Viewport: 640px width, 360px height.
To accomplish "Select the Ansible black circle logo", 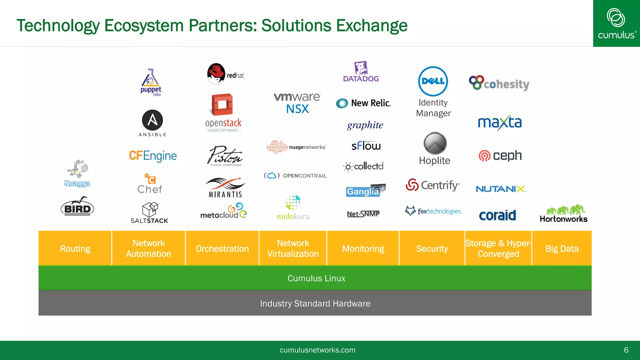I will pyautogui.click(x=152, y=120).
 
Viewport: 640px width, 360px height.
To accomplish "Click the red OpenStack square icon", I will pyautogui.click(x=222, y=105).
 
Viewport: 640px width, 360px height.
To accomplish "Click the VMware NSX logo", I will pyautogui.click(x=297, y=103).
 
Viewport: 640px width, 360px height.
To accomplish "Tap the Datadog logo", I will pyautogui.click(x=361, y=72).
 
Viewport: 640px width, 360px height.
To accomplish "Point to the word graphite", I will pyautogui.click(x=365, y=125).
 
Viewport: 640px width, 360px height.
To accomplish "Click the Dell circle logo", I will pyautogui.click(x=433, y=81).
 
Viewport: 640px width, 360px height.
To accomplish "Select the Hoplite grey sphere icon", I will pyautogui.click(x=435, y=143).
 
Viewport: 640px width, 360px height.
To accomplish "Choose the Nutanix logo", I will pyautogui.click(x=501, y=189).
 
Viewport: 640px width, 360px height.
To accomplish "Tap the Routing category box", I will pyautogui.click(x=75, y=248).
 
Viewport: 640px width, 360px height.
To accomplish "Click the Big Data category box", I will pyautogui.click(x=562, y=248).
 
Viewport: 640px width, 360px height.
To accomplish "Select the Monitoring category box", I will pyautogui.click(x=363, y=248).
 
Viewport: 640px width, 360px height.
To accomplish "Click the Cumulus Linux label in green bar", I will pyautogui.click(x=316, y=278).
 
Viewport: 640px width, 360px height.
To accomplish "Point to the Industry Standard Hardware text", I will pyautogui.click(x=315, y=303).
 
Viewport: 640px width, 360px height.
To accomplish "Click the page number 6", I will pyautogui.click(x=626, y=350).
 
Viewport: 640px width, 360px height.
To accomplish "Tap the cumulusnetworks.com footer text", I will pyautogui.click(x=317, y=350).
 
